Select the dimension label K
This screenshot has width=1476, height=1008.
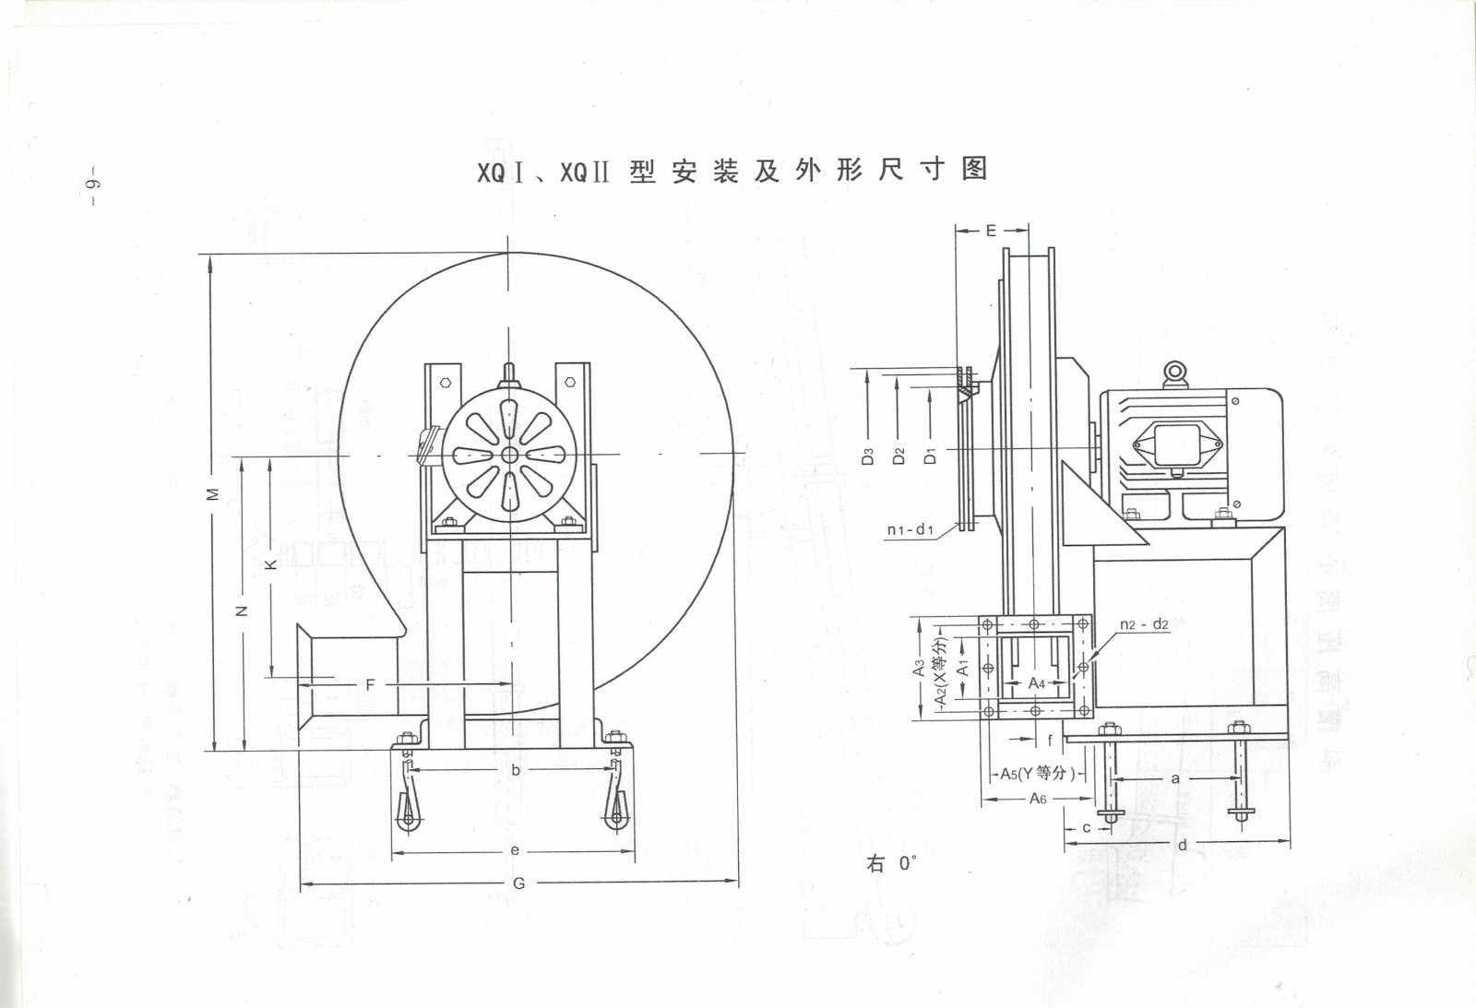pyautogui.click(x=270, y=563)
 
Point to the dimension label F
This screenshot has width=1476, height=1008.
pyautogui.click(x=370, y=684)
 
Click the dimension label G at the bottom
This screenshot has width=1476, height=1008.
pyautogui.click(x=518, y=883)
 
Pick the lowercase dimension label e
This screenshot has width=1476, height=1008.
pyautogui.click(x=515, y=850)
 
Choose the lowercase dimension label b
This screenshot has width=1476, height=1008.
pyautogui.click(x=516, y=770)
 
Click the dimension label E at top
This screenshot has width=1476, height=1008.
pyautogui.click(x=991, y=231)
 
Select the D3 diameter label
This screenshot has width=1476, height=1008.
pyautogui.click(x=867, y=456)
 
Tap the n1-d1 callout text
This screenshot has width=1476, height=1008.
pyautogui.click(x=910, y=529)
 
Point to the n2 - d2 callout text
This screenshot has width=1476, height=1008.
pyautogui.click(x=1144, y=624)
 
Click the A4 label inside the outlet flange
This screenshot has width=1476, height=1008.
pyautogui.click(x=1037, y=683)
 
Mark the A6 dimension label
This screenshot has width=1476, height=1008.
pyautogui.click(x=1038, y=799)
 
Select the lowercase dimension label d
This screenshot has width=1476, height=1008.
pyautogui.click(x=1183, y=845)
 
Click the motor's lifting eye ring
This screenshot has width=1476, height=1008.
pyautogui.click(x=1173, y=372)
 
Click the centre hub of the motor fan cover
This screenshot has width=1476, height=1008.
pyautogui.click(x=509, y=454)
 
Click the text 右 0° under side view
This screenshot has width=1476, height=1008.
pyautogui.click(x=891, y=863)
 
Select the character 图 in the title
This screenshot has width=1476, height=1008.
pyautogui.click(x=974, y=169)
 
